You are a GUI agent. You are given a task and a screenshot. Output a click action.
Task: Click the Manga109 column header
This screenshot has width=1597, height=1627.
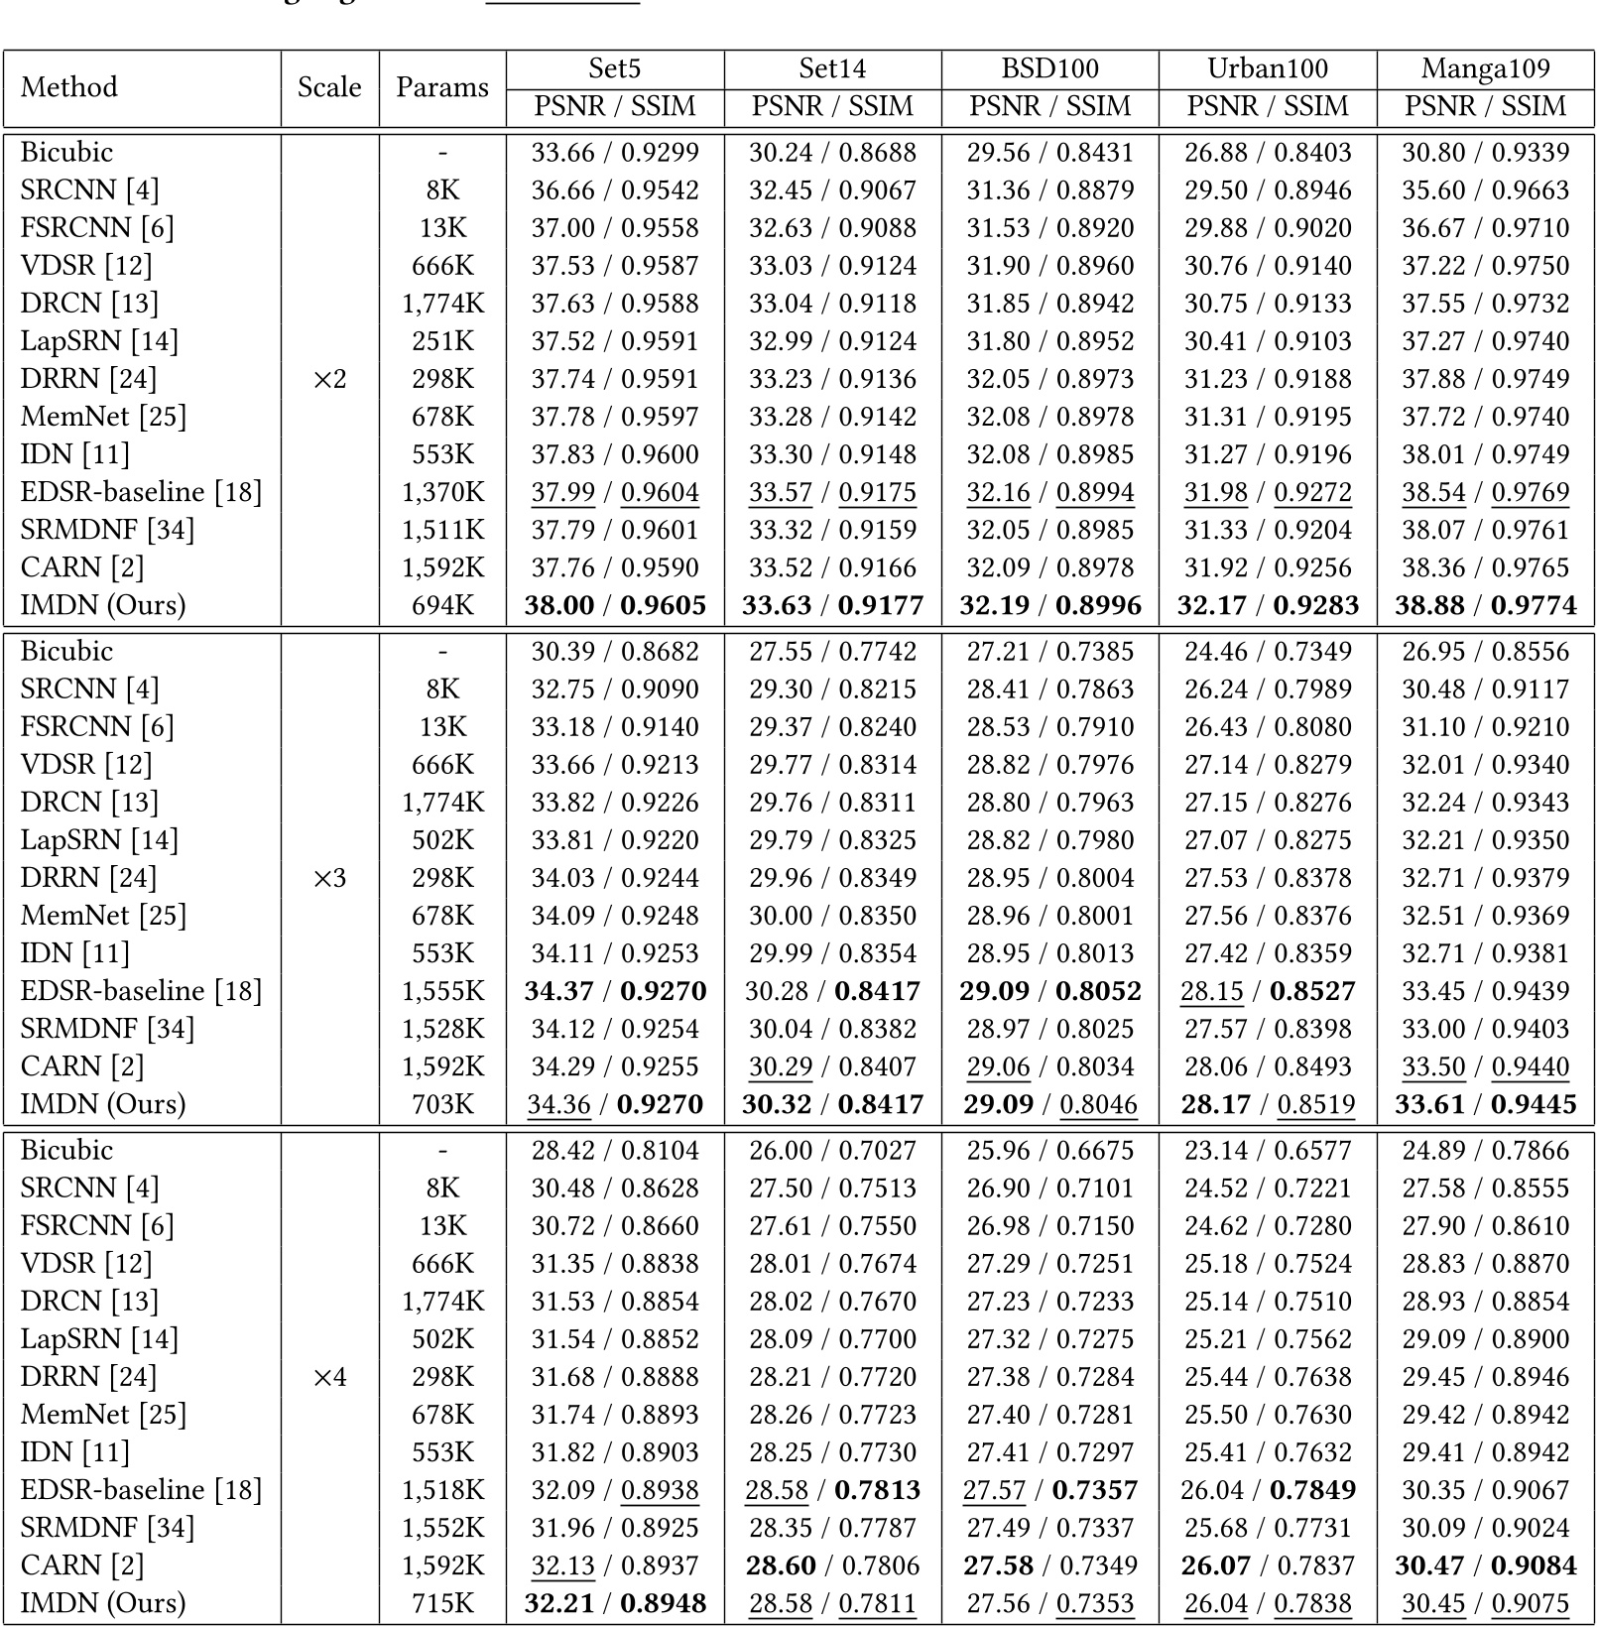point(1485,68)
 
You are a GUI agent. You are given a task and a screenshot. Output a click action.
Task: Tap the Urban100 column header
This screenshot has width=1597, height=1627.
point(1268,68)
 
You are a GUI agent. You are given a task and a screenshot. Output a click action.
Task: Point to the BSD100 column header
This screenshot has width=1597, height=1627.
point(1049,68)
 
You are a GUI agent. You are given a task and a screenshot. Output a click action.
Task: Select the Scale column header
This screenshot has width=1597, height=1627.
point(329,87)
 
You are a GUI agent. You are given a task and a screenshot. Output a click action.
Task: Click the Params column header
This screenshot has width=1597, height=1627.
point(442,87)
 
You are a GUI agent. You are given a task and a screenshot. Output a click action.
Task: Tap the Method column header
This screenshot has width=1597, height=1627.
point(69,87)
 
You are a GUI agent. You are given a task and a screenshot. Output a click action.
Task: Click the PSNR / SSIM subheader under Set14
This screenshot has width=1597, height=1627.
point(832,106)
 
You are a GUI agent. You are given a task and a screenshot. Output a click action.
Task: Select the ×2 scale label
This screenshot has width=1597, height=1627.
point(329,379)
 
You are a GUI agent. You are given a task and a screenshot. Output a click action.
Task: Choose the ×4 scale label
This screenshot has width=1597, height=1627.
point(329,1377)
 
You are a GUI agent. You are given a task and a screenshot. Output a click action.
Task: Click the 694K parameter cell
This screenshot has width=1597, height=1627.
point(442,605)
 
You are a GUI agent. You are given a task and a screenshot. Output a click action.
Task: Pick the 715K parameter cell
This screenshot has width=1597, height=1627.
point(442,1603)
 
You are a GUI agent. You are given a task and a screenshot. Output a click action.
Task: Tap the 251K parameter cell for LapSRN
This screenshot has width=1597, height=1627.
point(442,341)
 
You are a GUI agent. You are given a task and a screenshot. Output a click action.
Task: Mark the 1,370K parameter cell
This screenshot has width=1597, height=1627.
point(442,492)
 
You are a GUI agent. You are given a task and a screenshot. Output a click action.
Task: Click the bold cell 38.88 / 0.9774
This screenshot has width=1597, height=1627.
point(1485,605)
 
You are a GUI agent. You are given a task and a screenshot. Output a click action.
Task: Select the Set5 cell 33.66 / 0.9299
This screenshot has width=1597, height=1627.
point(615,153)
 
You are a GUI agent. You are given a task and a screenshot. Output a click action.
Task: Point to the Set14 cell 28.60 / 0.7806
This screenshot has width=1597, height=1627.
point(832,1565)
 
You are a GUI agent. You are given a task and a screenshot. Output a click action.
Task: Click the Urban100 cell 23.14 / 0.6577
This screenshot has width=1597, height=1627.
point(1268,1151)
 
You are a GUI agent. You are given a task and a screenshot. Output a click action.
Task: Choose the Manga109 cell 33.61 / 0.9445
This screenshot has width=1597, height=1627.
point(1485,1104)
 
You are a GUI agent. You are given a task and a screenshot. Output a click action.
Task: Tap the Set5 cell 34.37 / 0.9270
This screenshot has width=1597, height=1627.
point(615,991)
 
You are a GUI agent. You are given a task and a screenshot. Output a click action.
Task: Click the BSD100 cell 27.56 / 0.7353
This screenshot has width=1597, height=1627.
point(1049,1603)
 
